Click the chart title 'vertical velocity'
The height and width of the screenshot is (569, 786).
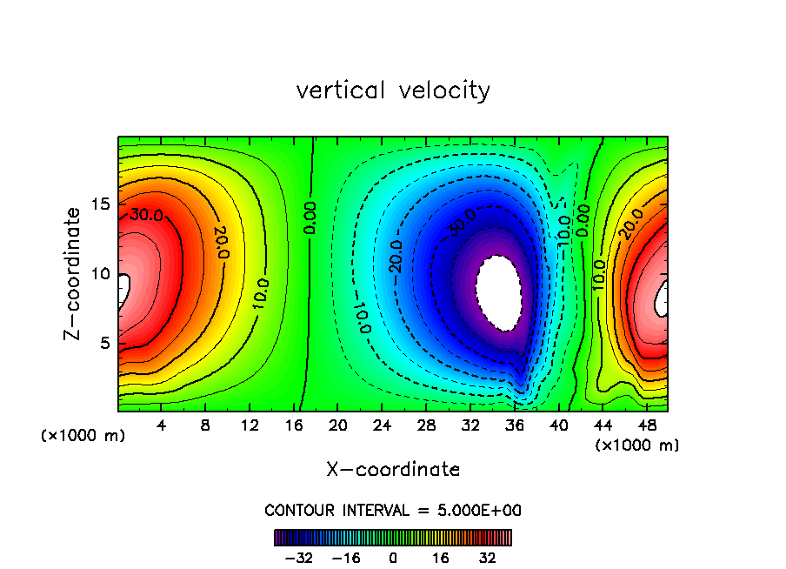(393, 90)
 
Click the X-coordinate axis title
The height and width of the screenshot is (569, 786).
(393, 470)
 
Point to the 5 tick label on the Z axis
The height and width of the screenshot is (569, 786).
(103, 343)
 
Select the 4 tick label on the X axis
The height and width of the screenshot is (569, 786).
(161, 426)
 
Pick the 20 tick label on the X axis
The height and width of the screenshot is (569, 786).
(338, 426)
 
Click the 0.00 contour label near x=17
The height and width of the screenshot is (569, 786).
(310, 218)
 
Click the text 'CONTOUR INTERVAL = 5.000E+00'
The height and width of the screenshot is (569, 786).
(393, 510)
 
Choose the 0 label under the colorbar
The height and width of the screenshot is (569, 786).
(393, 557)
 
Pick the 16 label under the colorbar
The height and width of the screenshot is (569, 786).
(441, 557)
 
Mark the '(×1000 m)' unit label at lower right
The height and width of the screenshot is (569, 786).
(636, 445)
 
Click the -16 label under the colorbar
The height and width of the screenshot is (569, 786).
(346, 557)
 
